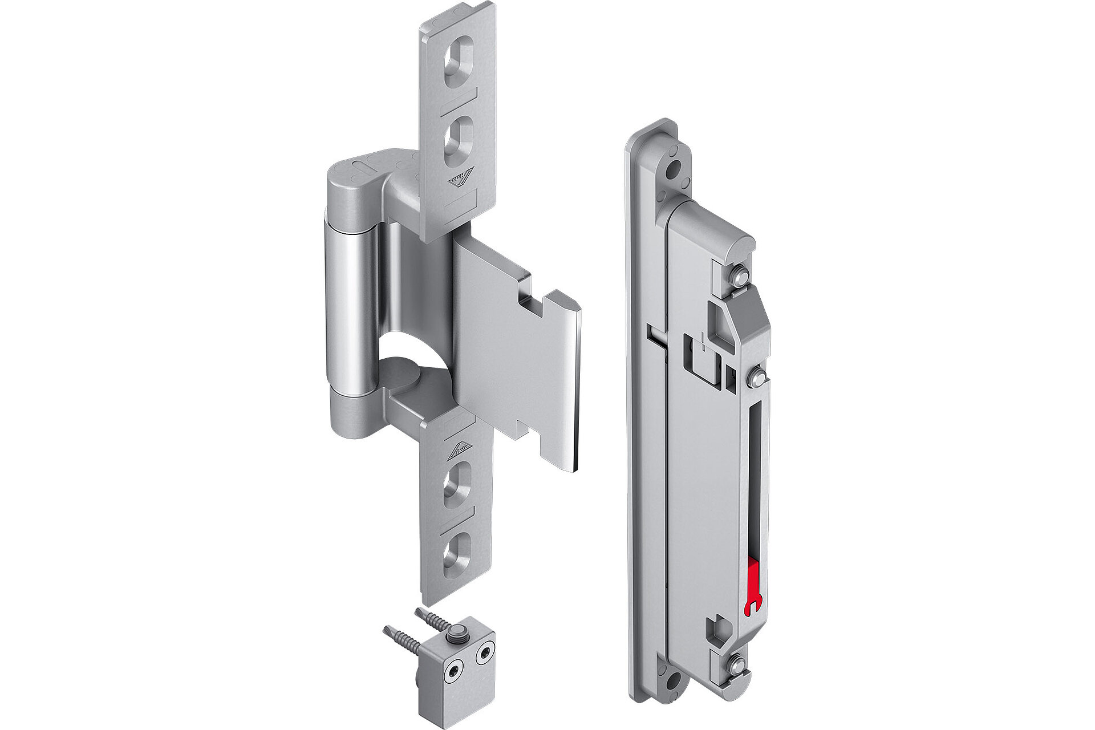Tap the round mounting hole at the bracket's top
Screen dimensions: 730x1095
(x=676, y=169)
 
